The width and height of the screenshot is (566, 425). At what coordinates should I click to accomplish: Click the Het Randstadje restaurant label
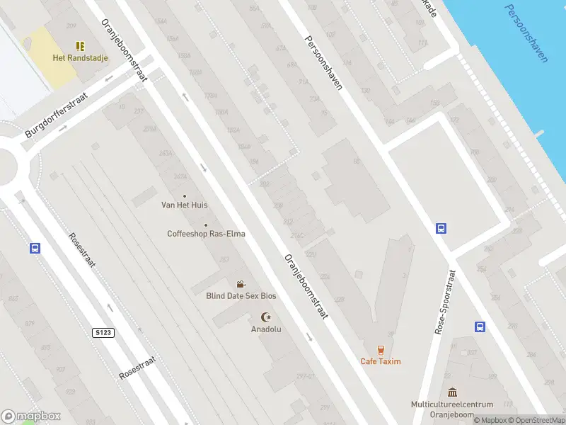(80, 58)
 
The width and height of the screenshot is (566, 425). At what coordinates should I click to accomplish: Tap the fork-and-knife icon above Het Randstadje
(80, 46)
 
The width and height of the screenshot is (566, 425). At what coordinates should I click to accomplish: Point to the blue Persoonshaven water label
(526, 33)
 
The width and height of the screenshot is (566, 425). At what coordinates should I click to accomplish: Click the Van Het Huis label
(185, 205)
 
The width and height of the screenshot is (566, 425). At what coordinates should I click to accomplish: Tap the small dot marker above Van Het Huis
(185, 196)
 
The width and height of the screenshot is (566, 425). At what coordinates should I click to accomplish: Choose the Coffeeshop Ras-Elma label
(207, 234)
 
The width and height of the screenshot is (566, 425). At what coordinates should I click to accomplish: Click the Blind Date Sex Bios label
(241, 296)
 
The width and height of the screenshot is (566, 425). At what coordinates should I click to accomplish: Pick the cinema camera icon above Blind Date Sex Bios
(241, 285)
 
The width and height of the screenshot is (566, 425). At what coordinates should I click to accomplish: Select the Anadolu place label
(266, 329)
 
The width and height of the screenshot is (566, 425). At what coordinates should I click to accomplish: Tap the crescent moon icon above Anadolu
(266, 317)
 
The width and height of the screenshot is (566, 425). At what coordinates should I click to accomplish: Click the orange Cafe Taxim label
(381, 361)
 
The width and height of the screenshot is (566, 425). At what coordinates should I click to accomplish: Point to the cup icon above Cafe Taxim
(381, 349)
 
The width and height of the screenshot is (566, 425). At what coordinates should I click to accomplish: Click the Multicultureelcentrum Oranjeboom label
(452, 409)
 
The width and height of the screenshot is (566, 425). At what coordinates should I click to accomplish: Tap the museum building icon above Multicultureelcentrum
(452, 392)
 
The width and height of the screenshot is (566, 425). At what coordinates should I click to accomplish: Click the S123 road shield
(103, 332)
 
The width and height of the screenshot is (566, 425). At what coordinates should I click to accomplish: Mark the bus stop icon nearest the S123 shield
(34, 249)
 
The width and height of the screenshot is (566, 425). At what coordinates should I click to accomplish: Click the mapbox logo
(31, 416)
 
